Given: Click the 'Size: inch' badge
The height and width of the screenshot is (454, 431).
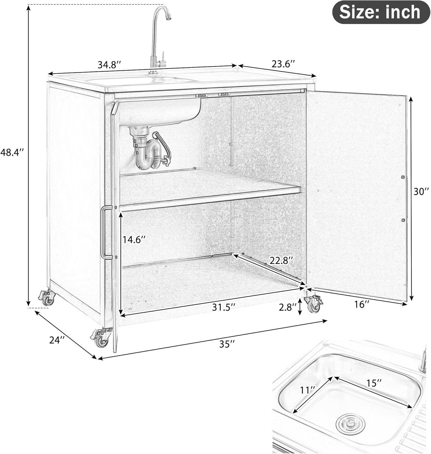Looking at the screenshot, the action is pos(380,12).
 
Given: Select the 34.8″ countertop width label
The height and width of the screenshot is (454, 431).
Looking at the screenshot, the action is pos(109,64).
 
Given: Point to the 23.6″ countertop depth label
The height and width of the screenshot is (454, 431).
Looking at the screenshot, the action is pos(283,64).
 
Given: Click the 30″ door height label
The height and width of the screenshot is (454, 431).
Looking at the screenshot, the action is pos(421,191).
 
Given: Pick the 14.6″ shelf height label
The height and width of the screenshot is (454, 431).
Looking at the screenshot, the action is pos(134,240).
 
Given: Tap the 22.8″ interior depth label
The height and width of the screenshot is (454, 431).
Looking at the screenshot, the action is pos(281,260).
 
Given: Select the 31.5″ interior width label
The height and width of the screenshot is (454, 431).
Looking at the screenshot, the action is pos(224,308).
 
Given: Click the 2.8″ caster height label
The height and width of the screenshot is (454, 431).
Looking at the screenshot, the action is pos(287,308).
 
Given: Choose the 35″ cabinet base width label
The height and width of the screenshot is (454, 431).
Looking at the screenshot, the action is pos(227,344).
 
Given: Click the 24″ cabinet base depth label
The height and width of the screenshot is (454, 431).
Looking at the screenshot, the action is pos(57,340).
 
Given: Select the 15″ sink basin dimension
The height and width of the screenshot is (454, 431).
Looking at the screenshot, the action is pos(374,383).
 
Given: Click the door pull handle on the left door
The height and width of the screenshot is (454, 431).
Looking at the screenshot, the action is pos(103,232).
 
